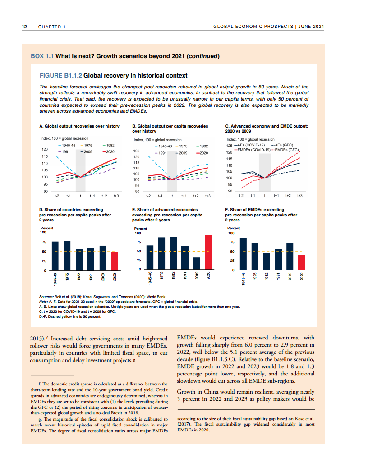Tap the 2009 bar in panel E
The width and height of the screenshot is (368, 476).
[x=197, y=263]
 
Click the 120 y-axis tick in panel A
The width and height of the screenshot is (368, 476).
[x=45, y=149]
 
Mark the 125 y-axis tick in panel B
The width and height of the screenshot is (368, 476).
[x=136, y=151]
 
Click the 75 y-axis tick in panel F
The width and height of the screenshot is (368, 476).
[x=231, y=243]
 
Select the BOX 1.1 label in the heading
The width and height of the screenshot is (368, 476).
[x=42, y=56]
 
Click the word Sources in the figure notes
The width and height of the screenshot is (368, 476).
[x=47, y=296]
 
